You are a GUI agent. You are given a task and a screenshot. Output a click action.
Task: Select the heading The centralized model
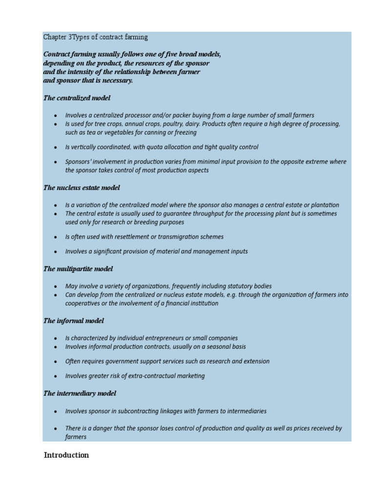pyautogui.click(x=77, y=98)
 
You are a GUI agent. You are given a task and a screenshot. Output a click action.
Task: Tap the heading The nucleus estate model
pyautogui.click(x=82, y=188)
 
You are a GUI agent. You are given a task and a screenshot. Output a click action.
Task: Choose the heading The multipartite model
pyautogui.click(x=78, y=269)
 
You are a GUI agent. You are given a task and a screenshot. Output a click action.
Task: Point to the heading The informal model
pyautogui.click(x=74, y=321)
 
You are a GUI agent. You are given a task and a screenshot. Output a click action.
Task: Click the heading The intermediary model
pyautogui.click(x=80, y=393)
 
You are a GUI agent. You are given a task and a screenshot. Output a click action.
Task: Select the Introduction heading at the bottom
pyautogui.click(x=66, y=455)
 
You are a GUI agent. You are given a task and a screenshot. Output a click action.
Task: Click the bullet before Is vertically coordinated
pyautogui.click(x=56, y=147)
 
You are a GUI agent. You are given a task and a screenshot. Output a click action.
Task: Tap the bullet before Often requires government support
pyautogui.click(x=56, y=362)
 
